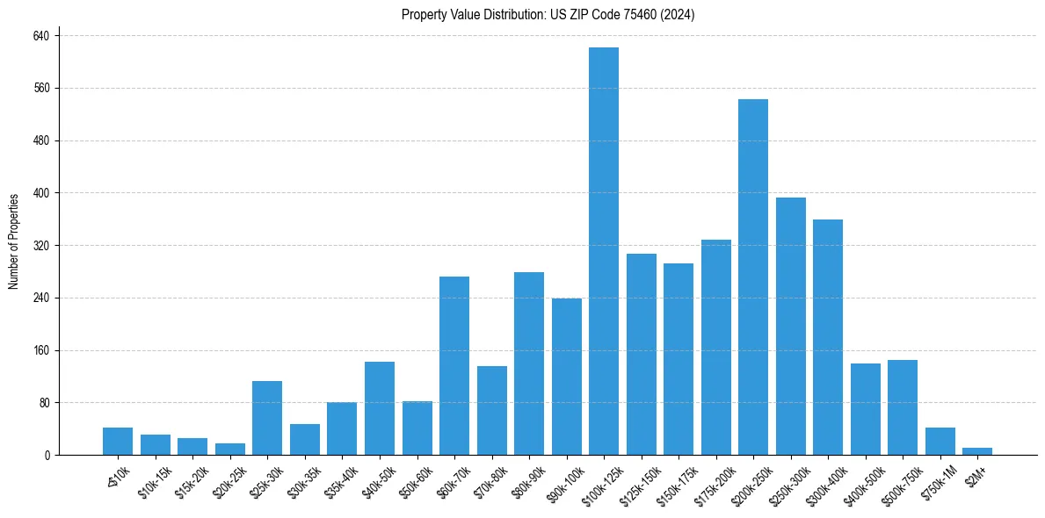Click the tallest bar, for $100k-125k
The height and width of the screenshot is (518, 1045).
point(603,251)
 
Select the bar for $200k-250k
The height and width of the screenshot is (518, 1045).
point(752,277)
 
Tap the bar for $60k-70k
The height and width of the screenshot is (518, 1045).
point(454,365)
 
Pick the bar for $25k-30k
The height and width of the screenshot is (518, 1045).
point(267,418)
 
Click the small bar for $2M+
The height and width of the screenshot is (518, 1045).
point(976,451)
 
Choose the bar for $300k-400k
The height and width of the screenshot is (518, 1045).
point(827,337)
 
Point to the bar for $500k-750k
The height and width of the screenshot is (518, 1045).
point(902,407)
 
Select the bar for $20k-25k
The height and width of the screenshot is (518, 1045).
point(229,449)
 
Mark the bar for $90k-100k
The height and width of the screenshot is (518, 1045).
point(566,377)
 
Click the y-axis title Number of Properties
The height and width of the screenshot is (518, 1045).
point(13,241)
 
